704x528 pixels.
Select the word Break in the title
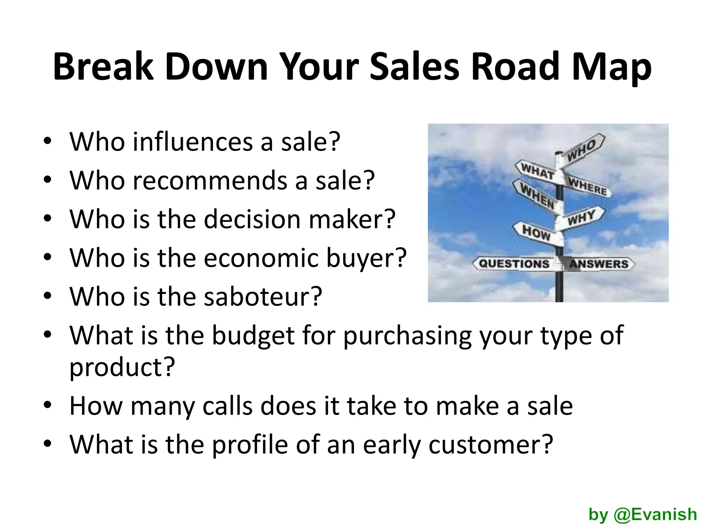point(103,66)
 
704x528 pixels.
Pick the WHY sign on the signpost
point(582,217)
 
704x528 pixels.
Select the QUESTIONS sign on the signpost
point(514,264)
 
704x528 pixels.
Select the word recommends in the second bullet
point(210,180)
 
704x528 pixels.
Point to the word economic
point(261,257)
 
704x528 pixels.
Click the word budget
point(253,335)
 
